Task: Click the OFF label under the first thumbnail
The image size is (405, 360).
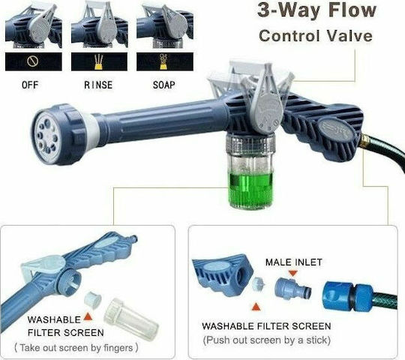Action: click(30, 85)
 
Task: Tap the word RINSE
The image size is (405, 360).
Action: click(98, 85)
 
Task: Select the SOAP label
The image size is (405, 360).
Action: click(164, 85)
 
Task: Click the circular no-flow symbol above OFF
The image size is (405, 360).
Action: click(33, 61)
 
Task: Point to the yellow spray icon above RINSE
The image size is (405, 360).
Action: click(99, 62)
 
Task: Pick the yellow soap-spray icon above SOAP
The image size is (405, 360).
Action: click(163, 61)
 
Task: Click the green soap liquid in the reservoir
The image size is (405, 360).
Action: click(250, 190)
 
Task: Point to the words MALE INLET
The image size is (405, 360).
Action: click(294, 262)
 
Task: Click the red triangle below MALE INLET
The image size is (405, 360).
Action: click(293, 273)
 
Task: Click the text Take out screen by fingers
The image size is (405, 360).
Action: click(76, 348)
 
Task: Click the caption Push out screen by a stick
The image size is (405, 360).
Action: click(267, 340)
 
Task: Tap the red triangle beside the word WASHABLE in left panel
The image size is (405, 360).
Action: click(88, 316)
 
